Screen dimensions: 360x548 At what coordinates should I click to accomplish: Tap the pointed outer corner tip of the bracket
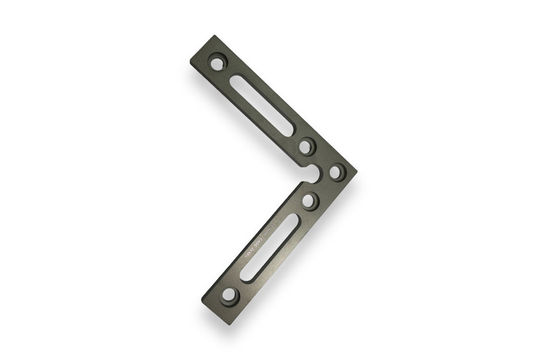357,171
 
